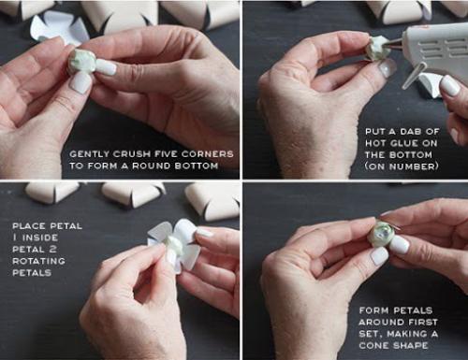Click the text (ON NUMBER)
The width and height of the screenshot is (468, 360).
(x=402, y=166)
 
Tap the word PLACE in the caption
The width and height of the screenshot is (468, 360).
(x=28, y=226)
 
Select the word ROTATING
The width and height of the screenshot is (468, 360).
(x=38, y=261)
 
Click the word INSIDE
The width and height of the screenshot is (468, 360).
(x=40, y=238)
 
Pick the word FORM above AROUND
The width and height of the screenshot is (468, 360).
(x=373, y=310)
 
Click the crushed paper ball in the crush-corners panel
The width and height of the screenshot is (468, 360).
(x=81, y=63)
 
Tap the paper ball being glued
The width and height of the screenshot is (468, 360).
(x=376, y=49)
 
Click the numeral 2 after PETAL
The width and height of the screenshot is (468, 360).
(x=52, y=250)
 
